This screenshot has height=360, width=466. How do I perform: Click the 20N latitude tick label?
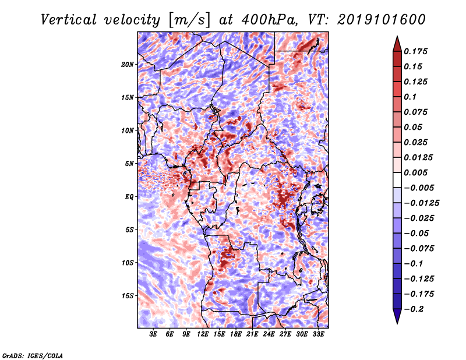click(127, 64)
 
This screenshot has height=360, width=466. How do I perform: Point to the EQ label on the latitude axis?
click(129, 197)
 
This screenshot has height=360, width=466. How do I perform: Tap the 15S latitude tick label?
click(127, 296)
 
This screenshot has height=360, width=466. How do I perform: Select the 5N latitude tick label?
click(129, 164)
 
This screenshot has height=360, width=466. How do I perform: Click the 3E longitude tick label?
click(153, 334)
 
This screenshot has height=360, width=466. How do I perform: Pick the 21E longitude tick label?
click(252, 334)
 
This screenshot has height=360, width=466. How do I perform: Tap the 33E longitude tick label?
click(318, 334)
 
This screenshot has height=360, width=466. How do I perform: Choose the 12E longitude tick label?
click(203, 334)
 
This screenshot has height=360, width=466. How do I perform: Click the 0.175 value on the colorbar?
click(415, 51)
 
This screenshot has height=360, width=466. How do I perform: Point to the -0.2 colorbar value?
click(414, 309)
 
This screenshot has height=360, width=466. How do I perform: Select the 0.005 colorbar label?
click(415, 172)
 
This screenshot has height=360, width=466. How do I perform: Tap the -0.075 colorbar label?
click(419, 249)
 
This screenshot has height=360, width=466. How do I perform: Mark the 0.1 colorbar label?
click(410, 97)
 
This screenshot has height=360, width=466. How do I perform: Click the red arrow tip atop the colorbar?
click(397, 36)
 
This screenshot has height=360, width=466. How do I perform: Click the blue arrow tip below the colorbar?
click(397, 323)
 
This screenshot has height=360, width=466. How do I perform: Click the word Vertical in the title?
click(69, 20)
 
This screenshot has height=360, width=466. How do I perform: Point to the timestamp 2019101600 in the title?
click(382, 20)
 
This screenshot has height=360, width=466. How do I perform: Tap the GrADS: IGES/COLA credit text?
click(33, 356)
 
